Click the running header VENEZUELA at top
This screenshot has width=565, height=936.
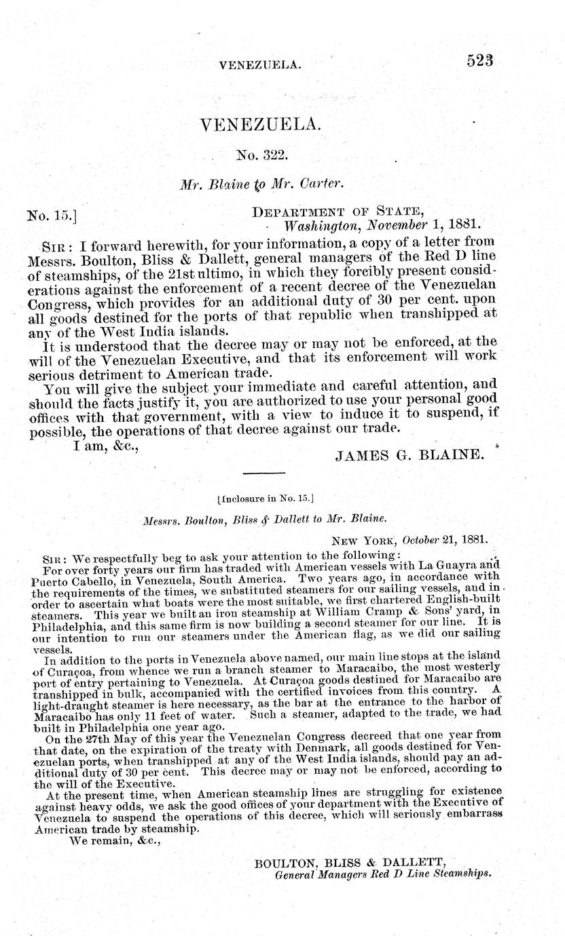pos(260,64)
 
